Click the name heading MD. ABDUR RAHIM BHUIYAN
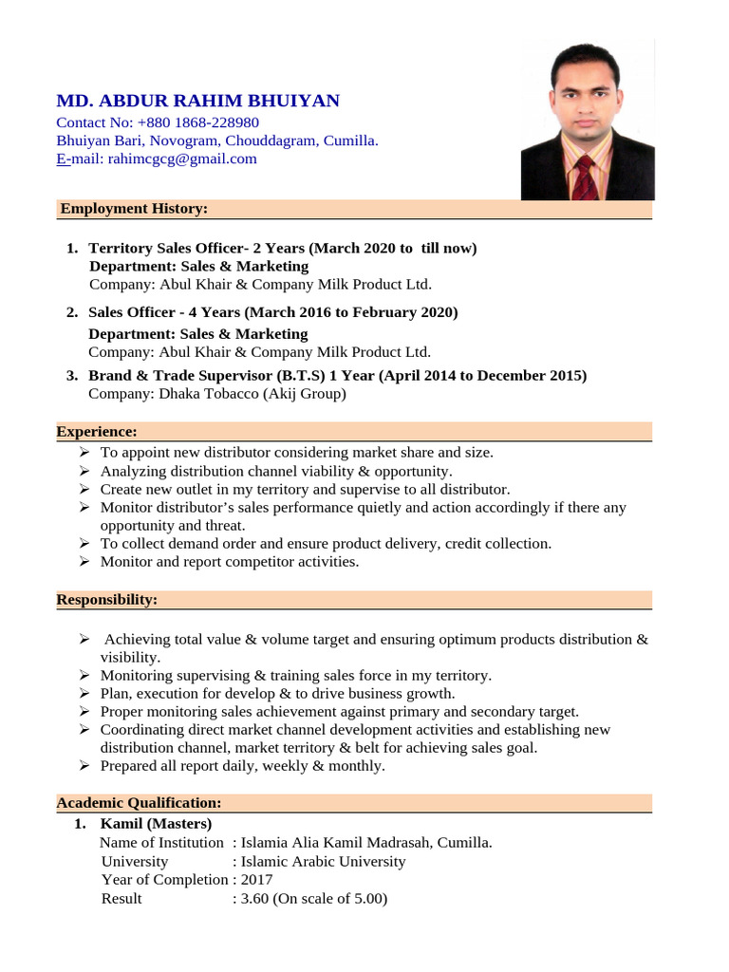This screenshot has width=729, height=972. coord(197,102)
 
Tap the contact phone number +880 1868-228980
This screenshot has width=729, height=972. coord(197,122)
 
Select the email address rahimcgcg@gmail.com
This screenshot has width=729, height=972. coord(182,159)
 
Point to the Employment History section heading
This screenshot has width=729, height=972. coord(134,209)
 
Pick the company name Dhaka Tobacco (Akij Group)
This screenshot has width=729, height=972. coord(252,393)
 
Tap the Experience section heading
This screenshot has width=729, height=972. coord(97,432)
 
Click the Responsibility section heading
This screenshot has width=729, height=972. coord(107,600)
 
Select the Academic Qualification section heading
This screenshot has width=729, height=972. coord(139,803)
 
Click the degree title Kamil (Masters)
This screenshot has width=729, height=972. coord(156,823)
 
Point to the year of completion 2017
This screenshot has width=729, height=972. coord(256,880)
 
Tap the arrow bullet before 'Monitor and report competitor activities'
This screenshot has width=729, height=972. coord(84,562)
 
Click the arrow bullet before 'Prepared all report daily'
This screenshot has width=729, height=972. coord(84,766)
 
